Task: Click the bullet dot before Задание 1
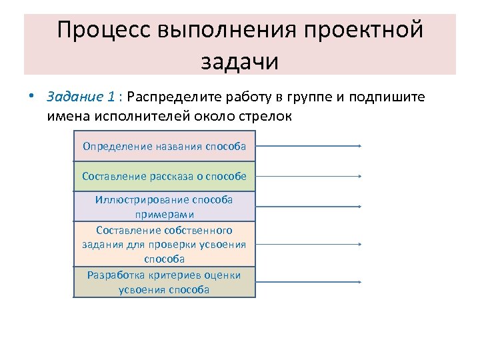coord(32,96)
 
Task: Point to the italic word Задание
coord(74,97)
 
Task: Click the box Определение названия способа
coord(164,146)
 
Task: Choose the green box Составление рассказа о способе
coord(164,176)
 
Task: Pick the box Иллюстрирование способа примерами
coord(164,207)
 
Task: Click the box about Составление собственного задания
coord(164,244)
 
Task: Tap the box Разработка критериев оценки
coord(164,283)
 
